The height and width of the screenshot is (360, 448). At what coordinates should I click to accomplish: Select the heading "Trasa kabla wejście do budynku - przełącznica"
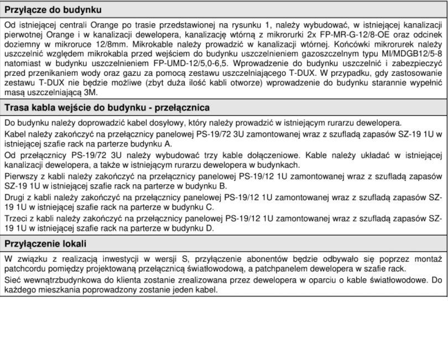click(x=107, y=107)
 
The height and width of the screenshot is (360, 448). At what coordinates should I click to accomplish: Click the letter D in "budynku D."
click(x=210, y=228)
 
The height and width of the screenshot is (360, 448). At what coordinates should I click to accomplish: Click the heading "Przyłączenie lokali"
click(x=45, y=243)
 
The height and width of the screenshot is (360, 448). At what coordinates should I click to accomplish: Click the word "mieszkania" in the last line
click(x=53, y=289)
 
